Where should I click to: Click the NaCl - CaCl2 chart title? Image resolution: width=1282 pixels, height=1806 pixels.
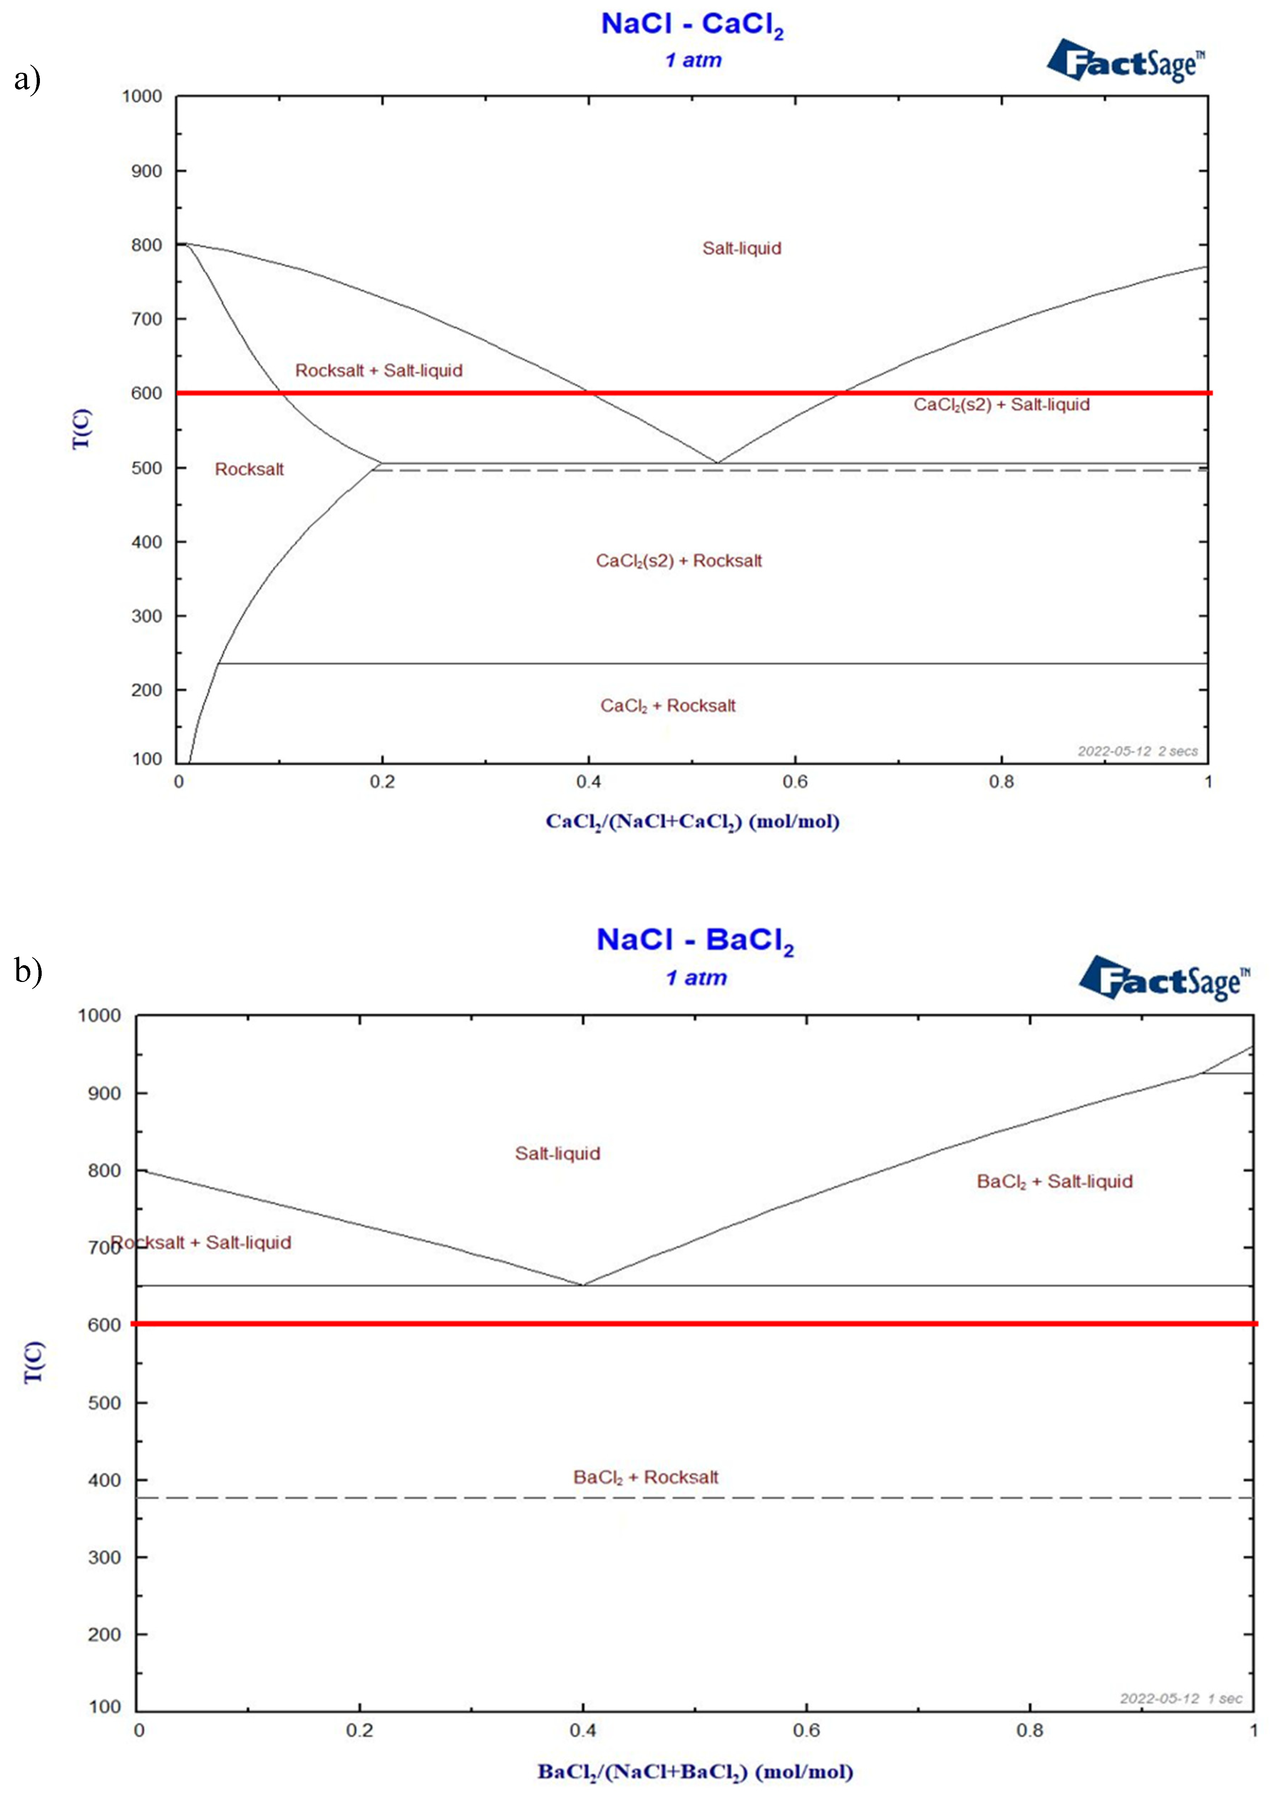692,25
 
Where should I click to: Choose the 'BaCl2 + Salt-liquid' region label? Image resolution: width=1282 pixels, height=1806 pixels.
1055,1181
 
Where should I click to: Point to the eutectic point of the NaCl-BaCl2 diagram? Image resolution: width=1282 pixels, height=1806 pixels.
583,1285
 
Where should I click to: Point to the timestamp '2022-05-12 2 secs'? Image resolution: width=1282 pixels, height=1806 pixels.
1138,751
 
